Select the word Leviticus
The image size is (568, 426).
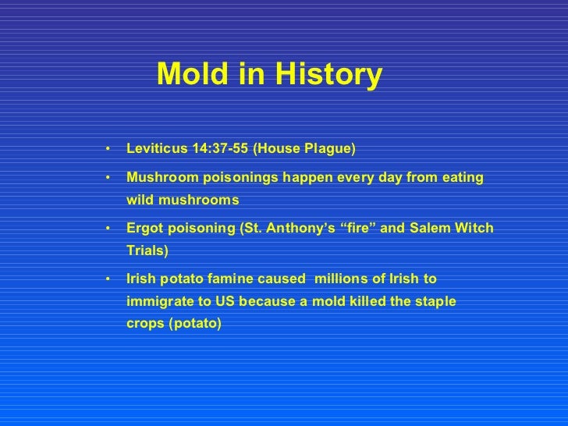pyautogui.click(x=154, y=148)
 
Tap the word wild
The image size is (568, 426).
pyautogui.click(x=140, y=200)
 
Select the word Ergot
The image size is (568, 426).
pyautogui.click(x=144, y=228)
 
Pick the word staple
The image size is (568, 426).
pyautogui.click(x=436, y=300)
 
